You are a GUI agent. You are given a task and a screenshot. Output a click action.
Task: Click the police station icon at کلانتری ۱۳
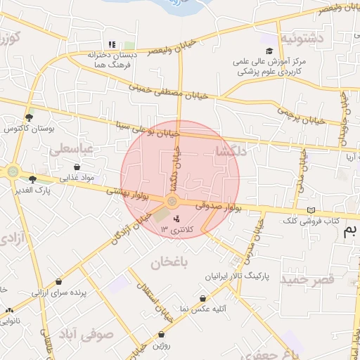(x=176, y=219)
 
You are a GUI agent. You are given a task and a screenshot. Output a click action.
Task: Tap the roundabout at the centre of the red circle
(x=172, y=202)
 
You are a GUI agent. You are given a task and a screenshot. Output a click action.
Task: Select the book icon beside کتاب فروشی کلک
(x=311, y=210)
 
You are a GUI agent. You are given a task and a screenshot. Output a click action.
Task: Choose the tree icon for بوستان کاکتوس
(x=29, y=117)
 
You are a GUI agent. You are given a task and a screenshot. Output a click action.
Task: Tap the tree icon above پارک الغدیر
(x=32, y=179)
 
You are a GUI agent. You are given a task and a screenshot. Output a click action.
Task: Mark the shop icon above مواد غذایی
(x=77, y=167)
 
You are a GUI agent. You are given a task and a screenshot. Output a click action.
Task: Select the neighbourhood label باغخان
(x=171, y=262)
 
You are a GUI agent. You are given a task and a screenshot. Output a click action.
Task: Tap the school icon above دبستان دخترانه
(x=111, y=44)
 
